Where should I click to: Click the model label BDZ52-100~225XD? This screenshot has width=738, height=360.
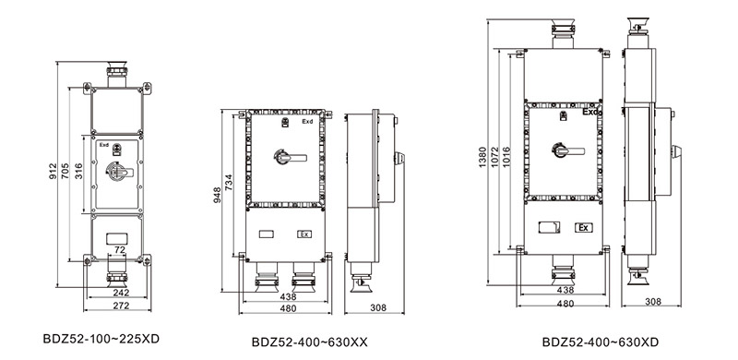tap(101, 339)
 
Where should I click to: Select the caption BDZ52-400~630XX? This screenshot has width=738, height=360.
tap(309, 342)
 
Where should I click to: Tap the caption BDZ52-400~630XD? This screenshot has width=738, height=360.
tap(601, 342)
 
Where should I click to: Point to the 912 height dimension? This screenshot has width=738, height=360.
tap(53, 171)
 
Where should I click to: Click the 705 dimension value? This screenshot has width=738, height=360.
tap(65, 171)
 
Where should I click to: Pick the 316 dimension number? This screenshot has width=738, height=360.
tap(78, 171)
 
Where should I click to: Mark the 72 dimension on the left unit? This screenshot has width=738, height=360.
tap(120, 249)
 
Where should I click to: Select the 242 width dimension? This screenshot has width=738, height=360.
tap(121, 293)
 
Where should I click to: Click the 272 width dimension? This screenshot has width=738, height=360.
tap(121, 306)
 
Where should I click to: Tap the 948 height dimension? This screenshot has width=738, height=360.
tap(218, 194)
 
